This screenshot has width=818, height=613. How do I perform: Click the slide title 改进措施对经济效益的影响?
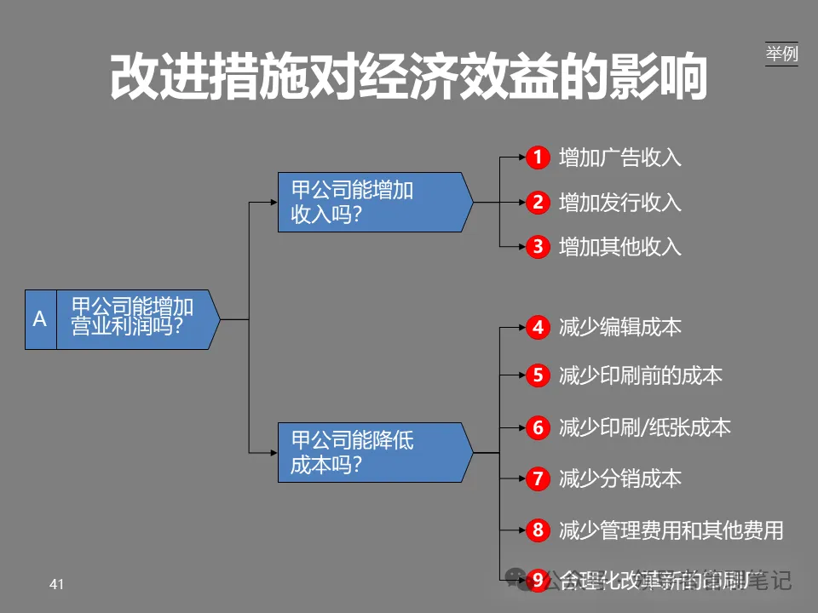(x=409, y=78)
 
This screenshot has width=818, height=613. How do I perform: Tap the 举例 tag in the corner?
(x=781, y=54)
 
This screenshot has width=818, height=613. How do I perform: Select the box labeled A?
(x=40, y=319)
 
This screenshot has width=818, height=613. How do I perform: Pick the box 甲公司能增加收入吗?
(x=372, y=202)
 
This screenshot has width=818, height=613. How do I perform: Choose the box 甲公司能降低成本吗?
(x=372, y=453)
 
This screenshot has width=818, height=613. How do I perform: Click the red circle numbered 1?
(x=538, y=158)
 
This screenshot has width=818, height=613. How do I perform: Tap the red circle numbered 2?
(x=538, y=203)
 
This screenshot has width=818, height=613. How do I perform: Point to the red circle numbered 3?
(x=538, y=247)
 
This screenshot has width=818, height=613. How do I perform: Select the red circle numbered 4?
(x=538, y=328)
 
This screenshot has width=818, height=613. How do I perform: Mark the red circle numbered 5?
(x=538, y=375)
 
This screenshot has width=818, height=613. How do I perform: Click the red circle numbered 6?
(x=538, y=427)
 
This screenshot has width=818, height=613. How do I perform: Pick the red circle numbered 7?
(x=538, y=479)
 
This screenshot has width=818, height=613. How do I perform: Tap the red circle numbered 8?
(x=538, y=530)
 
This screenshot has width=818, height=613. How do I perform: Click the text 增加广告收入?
(x=620, y=158)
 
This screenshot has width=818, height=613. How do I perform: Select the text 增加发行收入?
(x=620, y=203)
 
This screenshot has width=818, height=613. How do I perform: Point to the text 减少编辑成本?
(x=620, y=328)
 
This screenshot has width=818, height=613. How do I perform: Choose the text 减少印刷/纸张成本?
(x=645, y=427)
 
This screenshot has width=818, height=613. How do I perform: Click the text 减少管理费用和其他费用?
(x=671, y=530)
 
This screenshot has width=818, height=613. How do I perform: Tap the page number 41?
(x=57, y=584)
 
